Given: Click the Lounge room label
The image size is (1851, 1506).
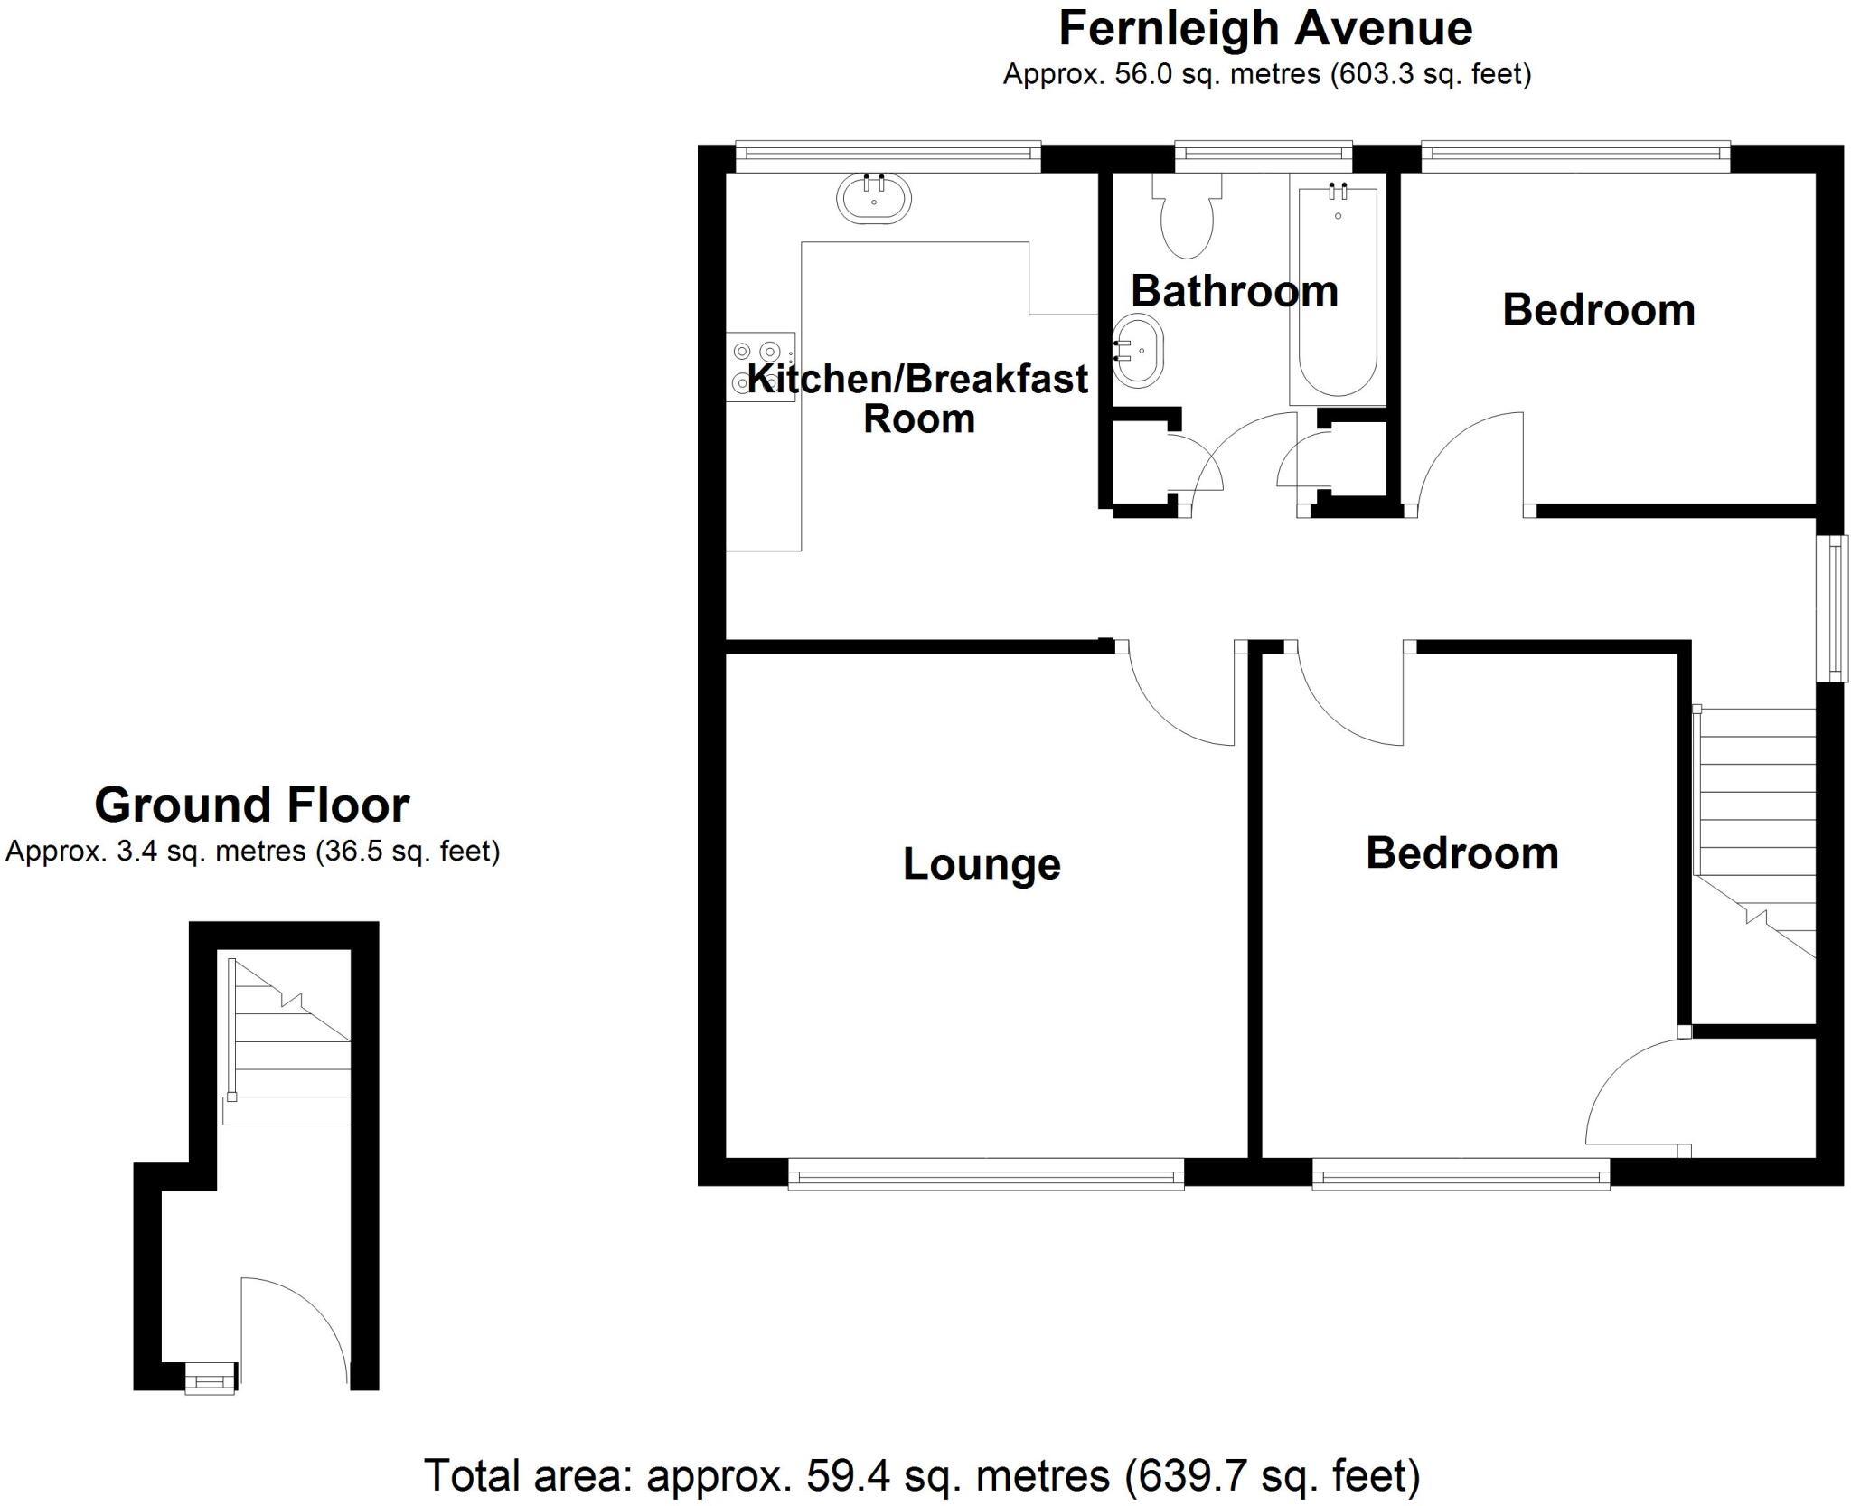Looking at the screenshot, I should point(982,864).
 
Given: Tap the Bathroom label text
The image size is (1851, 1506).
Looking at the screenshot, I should point(1234,291).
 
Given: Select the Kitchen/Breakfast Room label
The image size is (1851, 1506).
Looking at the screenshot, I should point(918,399).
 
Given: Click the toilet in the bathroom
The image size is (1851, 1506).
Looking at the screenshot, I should point(1187,218).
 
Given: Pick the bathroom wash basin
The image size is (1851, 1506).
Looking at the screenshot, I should point(1139,352).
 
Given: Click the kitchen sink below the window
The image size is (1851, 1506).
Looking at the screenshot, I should point(873,198).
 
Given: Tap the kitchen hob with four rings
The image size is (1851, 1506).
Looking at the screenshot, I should point(760,365).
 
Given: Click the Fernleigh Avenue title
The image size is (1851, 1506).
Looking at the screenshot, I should point(1265,28).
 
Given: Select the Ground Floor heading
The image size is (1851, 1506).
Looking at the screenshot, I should point(252,805).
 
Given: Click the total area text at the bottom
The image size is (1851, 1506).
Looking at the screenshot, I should point(922,1475).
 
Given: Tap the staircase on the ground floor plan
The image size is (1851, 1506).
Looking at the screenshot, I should point(288,1049).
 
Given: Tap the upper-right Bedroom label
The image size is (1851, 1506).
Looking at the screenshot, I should point(1598,310).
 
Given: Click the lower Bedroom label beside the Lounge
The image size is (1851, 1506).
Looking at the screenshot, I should point(1461,853).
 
